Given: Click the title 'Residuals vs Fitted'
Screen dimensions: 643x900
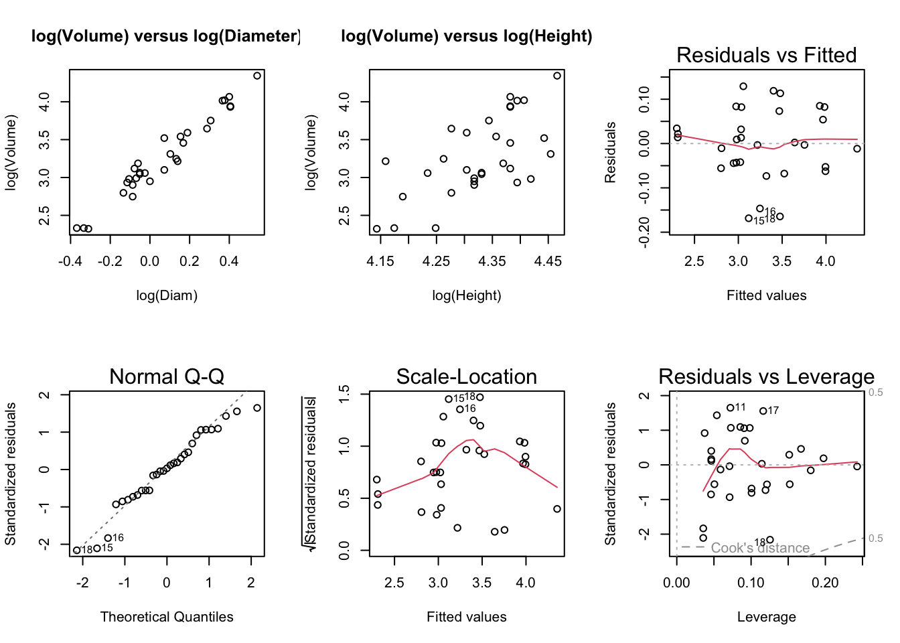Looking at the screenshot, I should pos(766,55).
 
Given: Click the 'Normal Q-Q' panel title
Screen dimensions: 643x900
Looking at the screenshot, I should pos(167,376).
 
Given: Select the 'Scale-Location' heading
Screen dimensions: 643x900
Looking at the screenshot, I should pos(466,376).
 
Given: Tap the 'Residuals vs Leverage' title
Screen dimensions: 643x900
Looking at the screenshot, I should pos(766,376).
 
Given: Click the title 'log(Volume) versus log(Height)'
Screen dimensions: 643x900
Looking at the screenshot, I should pos(466,36).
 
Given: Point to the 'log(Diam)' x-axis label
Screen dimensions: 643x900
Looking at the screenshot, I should pos(167,295).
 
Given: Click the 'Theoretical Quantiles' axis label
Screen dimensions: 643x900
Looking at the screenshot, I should pos(167,617).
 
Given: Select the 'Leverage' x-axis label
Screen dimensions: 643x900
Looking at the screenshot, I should pos(766,617).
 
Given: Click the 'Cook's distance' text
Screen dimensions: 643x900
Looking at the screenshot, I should pos(760,548).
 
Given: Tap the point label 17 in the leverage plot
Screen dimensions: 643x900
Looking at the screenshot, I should pos(773,411).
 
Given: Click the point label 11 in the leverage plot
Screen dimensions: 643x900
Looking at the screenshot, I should pos(740,407).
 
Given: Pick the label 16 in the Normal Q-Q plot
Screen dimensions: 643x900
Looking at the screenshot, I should pos(118,538).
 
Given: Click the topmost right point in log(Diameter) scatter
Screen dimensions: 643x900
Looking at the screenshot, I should pos(257,76).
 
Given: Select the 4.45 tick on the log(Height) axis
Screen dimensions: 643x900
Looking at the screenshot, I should pos(548,261).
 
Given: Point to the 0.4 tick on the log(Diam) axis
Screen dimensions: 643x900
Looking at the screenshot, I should pos(229,261).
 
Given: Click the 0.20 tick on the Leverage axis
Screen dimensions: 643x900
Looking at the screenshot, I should pos(825,583).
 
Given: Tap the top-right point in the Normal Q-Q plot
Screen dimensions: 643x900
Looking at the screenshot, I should pos(257,408).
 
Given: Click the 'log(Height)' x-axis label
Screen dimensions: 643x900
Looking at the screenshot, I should pos(466,295).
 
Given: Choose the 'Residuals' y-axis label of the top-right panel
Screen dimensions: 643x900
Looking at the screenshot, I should pos(610,152).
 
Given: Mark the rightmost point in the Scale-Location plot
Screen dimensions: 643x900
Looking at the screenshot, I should pos(557,509).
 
